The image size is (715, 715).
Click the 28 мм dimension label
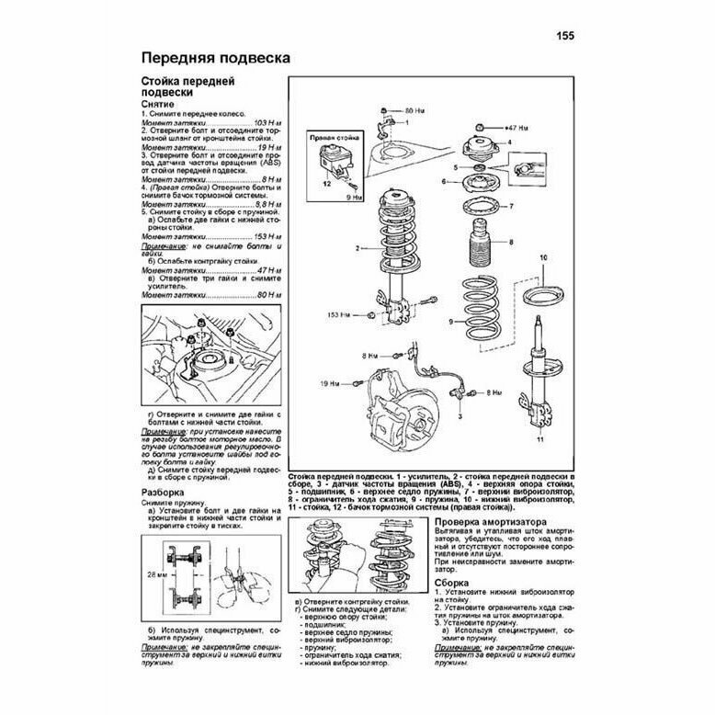click(153, 573)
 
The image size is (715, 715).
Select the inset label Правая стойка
click(330, 137)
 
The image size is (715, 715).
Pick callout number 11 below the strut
click(540, 440)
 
